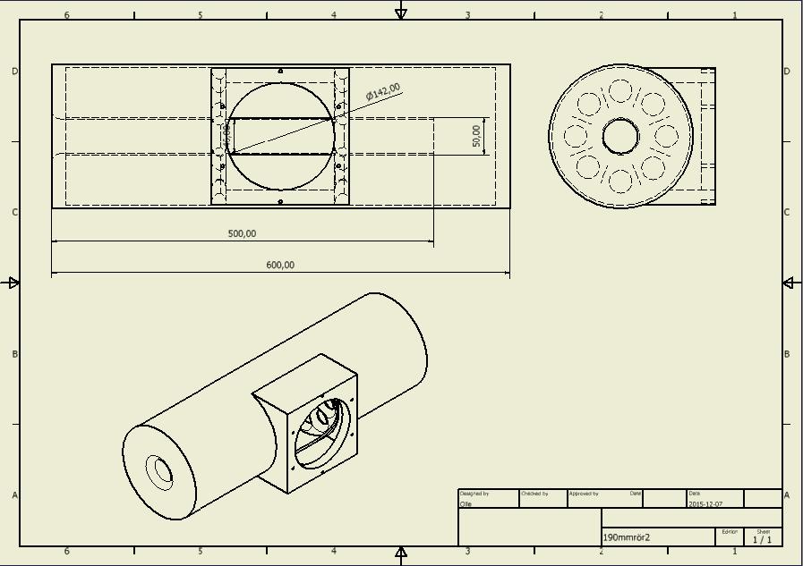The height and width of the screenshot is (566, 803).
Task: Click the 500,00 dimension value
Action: [242, 233]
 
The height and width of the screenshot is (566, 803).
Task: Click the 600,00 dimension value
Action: [280, 265]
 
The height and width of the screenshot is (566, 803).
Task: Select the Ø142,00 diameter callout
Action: [383, 92]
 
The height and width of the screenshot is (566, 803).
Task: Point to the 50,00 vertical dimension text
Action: [476, 136]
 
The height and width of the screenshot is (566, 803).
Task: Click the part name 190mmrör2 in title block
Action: [627, 537]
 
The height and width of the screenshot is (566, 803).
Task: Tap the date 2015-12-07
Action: [705, 504]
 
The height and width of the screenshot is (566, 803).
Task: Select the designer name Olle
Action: [466, 504]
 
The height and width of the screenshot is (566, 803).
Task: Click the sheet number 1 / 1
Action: [762, 539]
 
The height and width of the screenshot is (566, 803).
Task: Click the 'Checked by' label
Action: [534, 494]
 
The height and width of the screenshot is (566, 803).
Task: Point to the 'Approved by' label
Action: [584, 494]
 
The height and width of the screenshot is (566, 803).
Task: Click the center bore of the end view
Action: [620, 137]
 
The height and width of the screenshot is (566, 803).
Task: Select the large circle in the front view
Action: [281, 136]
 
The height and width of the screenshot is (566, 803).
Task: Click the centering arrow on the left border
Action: [13, 283]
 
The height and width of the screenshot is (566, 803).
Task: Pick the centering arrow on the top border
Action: [401, 12]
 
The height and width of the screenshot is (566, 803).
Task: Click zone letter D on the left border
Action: [14, 71]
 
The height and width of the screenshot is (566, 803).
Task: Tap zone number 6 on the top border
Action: [67, 15]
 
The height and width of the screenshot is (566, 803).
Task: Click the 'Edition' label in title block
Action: [730, 532]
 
